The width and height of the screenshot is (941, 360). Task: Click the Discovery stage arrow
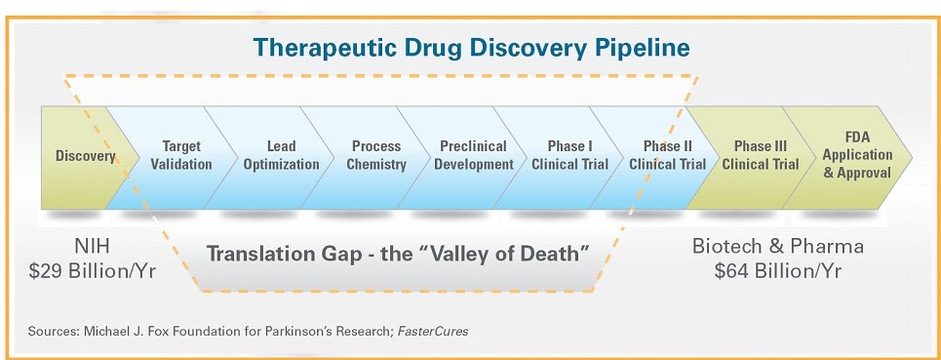[85, 156]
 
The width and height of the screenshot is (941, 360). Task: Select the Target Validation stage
[181, 156]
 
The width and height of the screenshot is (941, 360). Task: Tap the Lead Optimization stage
[281, 156]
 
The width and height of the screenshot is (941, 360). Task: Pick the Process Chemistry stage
[376, 156]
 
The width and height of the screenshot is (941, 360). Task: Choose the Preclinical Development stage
[473, 156]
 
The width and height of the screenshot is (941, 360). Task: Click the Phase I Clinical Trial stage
[570, 156]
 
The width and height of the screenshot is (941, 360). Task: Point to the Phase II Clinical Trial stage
[668, 156]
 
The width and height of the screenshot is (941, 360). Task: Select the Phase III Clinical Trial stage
[761, 156]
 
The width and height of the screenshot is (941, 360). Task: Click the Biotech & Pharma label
[778, 246]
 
